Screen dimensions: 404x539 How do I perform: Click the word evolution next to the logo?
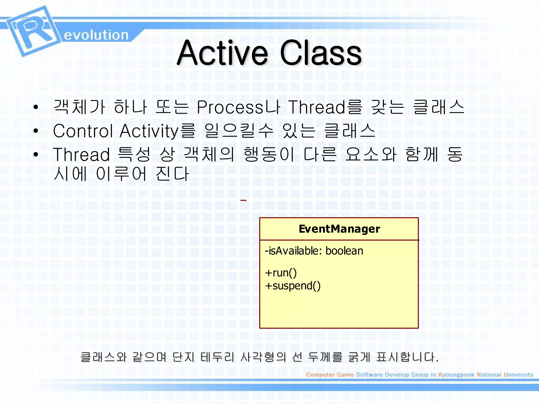tap(96, 35)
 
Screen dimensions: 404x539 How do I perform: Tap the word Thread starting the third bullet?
tap(81, 154)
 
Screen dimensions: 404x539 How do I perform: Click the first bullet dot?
tap(36, 107)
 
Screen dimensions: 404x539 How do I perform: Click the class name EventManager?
tap(339, 229)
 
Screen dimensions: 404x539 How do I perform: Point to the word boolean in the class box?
tap(344, 251)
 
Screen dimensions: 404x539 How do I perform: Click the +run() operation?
tap(281, 273)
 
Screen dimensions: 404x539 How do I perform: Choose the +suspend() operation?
tap(293, 286)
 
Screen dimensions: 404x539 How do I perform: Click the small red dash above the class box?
tap(243, 200)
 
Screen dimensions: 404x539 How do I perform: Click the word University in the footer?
tap(518, 375)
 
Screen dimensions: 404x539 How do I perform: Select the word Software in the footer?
tap(369, 375)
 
